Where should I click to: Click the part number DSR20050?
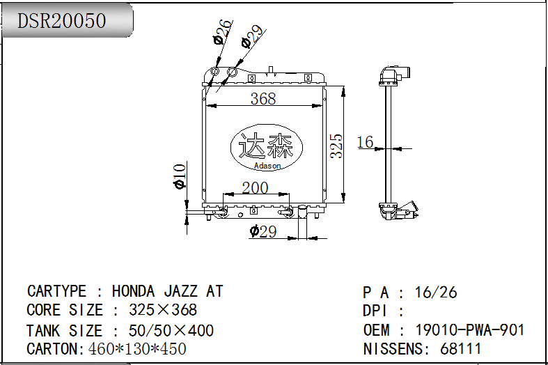point(61,21)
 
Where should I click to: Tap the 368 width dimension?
point(263,99)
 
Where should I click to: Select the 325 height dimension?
point(336,146)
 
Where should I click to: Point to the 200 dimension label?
point(255,188)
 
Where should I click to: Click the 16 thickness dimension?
point(365,142)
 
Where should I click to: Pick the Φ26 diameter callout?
point(222,31)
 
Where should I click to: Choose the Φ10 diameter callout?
point(180,176)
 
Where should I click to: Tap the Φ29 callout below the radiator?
point(263,231)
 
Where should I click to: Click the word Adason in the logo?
point(267,166)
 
